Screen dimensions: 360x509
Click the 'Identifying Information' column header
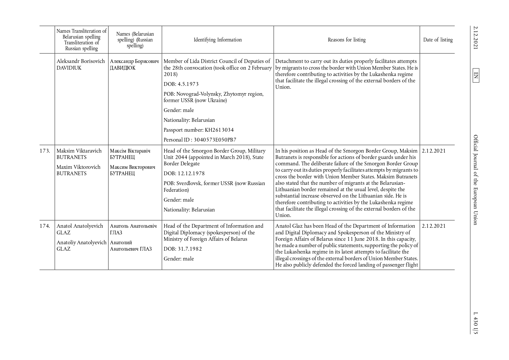point(218,40)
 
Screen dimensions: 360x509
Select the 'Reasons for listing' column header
point(346,40)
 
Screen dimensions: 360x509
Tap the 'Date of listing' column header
point(438,40)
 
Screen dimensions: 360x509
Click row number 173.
point(45,151)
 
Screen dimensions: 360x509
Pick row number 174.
point(45,226)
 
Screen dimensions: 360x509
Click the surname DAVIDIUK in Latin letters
point(69,68)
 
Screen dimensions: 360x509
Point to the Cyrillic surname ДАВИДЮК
point(123,68)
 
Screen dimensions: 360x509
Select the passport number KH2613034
point(219,130)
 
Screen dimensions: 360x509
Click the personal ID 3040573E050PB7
point(215,140)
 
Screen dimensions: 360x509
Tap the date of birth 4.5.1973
point(188,84)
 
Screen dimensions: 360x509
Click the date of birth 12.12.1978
point(191,173)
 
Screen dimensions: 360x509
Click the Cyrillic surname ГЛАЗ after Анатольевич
point(146,249)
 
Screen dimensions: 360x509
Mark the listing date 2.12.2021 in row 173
point(434,151)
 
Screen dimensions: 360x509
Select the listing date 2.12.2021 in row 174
point(434,226)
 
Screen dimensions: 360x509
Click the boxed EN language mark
point(476,75)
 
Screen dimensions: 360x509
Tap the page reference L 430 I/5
point(476,323)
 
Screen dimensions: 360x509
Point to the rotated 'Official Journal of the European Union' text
point(476,180)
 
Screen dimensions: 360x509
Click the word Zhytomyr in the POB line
point(234,94)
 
